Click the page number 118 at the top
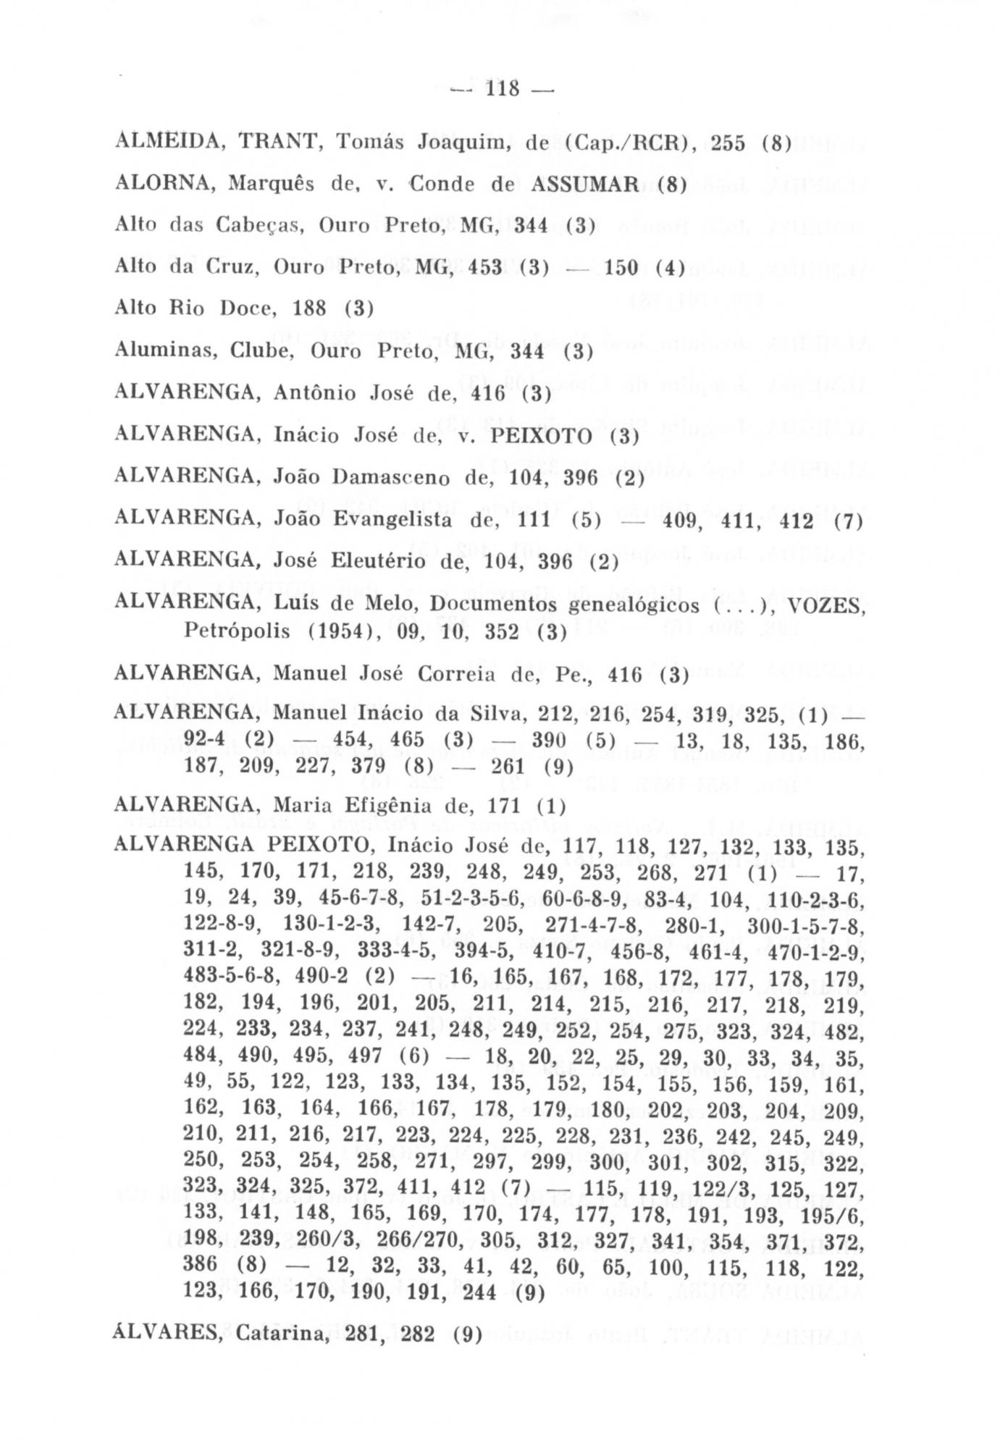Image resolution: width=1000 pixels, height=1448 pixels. (500, 90)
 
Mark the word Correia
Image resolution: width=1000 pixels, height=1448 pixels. (444, 673)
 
